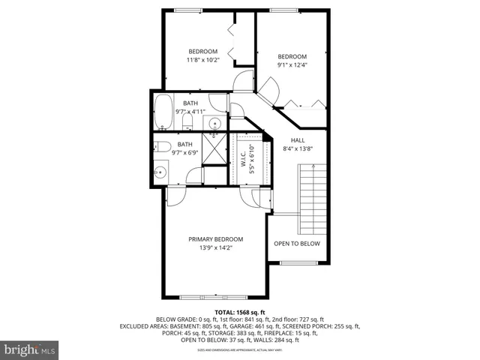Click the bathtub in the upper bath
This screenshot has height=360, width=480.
coord(164,112)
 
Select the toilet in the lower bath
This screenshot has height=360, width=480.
coord(182,146)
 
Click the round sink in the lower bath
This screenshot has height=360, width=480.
coord(160,172)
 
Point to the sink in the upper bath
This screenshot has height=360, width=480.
coord(214,123)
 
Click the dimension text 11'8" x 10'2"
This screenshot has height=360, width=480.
coord(202,60)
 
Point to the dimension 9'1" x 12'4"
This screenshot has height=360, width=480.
coord(292,64)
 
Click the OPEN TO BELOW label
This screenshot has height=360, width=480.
coord(296,244)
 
